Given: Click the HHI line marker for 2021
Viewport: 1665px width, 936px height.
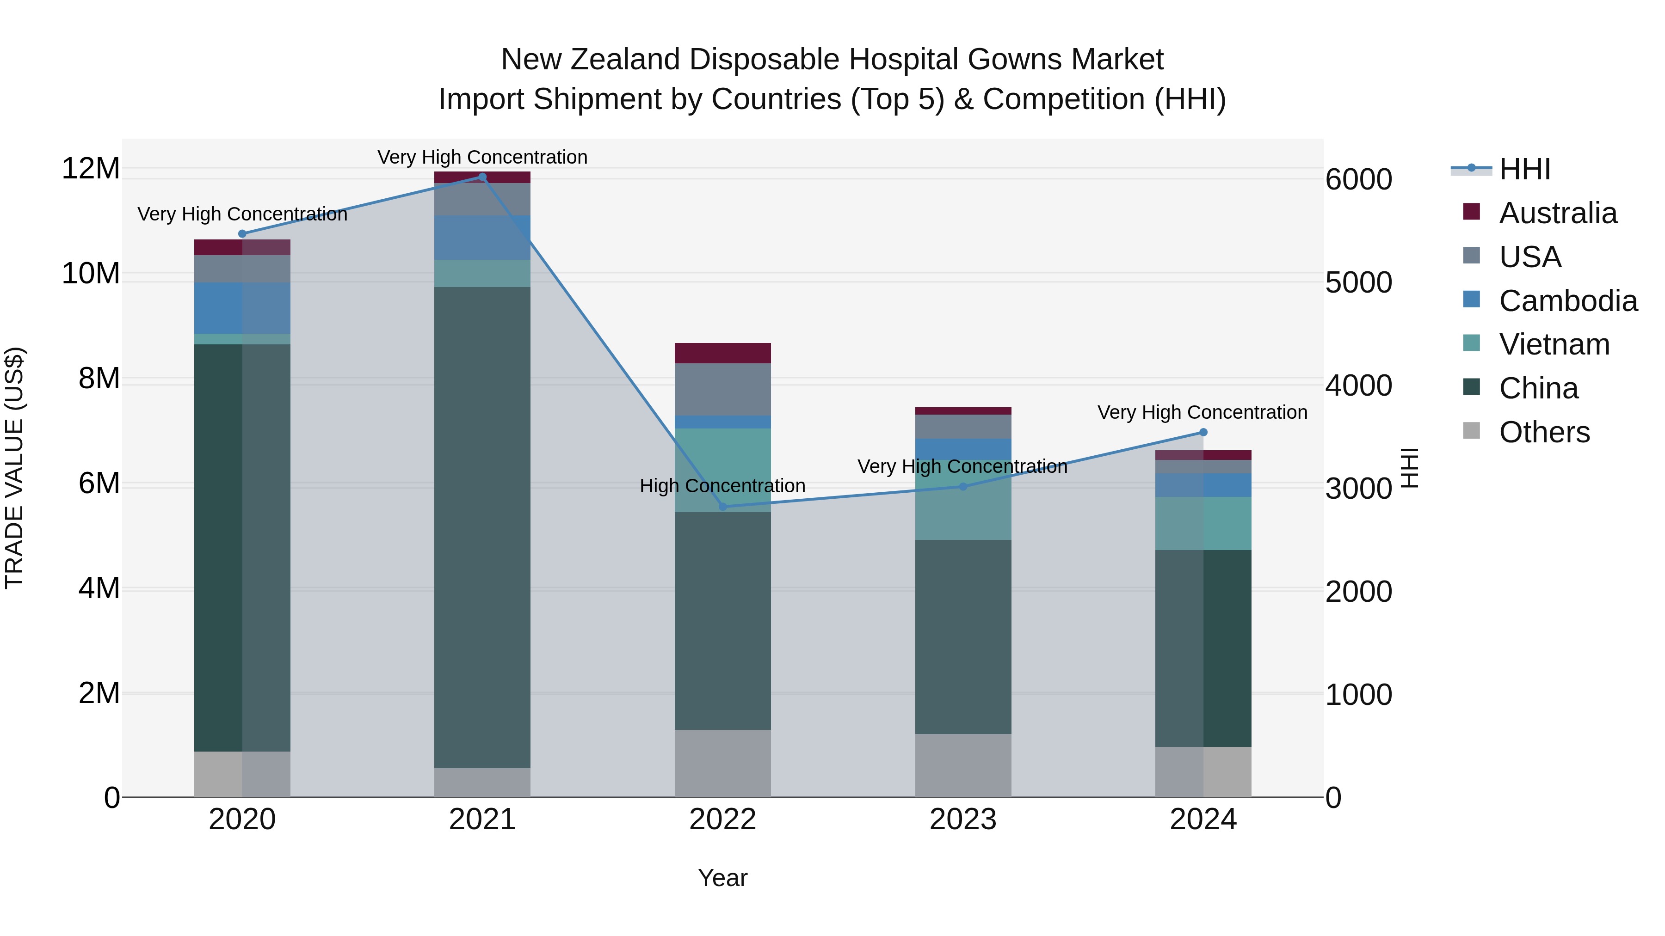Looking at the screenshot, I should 482,177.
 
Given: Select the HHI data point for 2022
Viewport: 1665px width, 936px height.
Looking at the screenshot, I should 722,507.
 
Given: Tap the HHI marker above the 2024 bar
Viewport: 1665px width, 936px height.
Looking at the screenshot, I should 1203,432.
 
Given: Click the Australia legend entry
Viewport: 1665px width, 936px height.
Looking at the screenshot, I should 1558,213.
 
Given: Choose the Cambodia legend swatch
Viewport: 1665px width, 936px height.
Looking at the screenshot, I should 1472,300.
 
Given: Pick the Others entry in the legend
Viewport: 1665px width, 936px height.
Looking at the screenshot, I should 1544,432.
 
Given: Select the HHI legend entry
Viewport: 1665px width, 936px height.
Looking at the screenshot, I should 1524,169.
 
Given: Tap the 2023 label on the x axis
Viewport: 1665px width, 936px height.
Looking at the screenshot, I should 962,820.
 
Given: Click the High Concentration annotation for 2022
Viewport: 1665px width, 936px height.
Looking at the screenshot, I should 722,486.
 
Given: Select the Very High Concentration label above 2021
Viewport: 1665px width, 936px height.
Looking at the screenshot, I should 482,157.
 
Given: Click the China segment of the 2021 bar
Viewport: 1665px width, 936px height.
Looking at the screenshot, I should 482,526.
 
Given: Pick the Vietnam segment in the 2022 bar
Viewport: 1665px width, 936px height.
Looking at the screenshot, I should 722,470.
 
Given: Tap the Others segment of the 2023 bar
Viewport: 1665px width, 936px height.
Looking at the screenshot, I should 962,765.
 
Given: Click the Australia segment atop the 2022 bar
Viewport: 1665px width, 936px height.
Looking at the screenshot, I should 722,353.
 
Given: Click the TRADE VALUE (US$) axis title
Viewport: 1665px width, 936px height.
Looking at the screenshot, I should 15,468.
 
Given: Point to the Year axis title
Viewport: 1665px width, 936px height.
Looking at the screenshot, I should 722,878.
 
